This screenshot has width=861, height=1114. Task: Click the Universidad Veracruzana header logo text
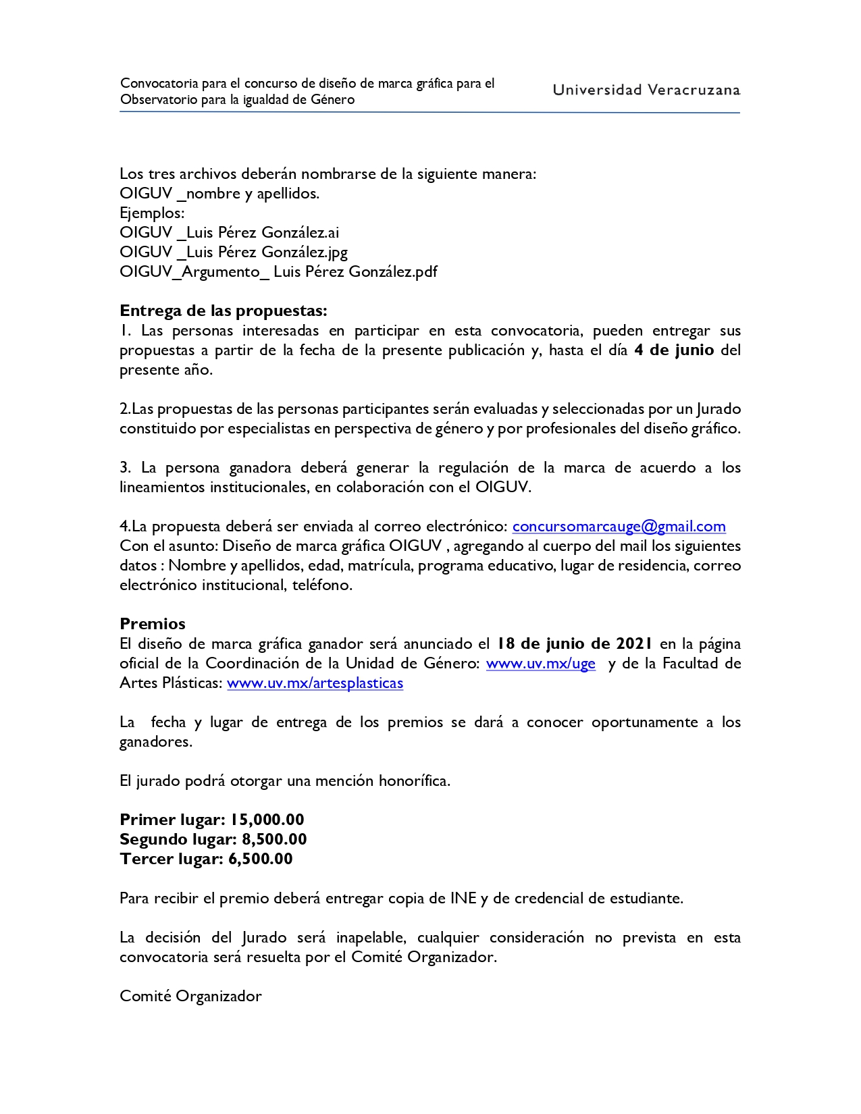(x=646, y=90)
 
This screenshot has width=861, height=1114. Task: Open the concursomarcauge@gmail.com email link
(x=619, y=527)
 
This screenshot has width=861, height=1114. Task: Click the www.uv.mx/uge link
(x=540, y=664)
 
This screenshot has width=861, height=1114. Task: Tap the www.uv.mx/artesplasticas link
(x=315, y=683)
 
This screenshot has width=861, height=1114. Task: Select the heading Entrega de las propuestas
(x=223, y=311)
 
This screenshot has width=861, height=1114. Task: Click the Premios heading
(x=153, y=624)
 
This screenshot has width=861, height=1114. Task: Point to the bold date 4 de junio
(x=674, y=350)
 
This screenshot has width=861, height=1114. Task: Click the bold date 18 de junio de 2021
(x=575, y=644)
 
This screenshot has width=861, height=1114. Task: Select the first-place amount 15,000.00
(x=267, y=820)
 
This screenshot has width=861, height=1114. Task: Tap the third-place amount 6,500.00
(x=261, y=859)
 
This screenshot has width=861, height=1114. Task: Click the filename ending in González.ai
(x=230, y=233)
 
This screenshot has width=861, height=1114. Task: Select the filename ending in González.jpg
(x=234, y=253)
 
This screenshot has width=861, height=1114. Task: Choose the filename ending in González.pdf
(x=278, y=272)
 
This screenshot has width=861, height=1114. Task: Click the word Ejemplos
(x=152, y=213)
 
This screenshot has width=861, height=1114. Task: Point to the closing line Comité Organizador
(x=190, y=997)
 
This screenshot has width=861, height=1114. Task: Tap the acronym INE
(x=463, y=899)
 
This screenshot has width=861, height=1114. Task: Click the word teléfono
(x=322, y=585)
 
